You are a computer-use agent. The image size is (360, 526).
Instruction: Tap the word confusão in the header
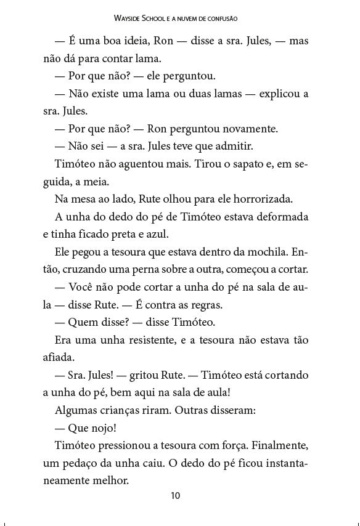click(x=221, y=20)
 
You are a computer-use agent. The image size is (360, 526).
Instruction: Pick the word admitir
click(x=232, y=147)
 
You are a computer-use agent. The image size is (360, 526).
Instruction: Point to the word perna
click(x=139, y=270)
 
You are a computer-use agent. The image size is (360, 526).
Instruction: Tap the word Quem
click(x=86, y=322)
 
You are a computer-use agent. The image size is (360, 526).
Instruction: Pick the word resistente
click(x=155, y=340)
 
